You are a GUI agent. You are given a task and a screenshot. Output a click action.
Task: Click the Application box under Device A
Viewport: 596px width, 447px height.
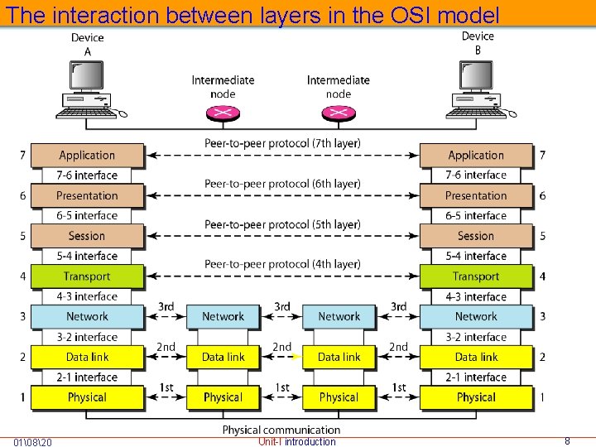point(87,155)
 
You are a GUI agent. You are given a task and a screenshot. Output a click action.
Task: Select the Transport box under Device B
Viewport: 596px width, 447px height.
point(476,276)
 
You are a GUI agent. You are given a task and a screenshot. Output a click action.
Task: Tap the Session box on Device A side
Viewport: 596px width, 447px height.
point(87,236)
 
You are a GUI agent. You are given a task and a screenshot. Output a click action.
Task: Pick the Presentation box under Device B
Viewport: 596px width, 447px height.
point(476,195)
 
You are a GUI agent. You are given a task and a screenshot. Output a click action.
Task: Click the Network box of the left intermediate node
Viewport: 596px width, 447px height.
point(223,316)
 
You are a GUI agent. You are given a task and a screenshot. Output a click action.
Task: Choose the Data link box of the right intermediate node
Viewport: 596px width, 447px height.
point(339,357)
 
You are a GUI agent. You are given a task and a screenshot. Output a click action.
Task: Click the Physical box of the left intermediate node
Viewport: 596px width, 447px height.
point(223,397)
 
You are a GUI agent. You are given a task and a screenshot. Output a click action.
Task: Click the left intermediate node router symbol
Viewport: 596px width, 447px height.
point(223,113)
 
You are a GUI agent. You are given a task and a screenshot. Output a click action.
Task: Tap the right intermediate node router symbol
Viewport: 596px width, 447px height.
point(339,113)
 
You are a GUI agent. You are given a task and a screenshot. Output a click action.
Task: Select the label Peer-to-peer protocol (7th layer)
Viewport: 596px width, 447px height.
point(282,144)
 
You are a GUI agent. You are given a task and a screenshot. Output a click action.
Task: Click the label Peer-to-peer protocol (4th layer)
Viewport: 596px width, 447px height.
point(282,265)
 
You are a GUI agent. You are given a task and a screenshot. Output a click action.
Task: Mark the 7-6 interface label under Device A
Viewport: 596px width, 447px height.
point(87,175)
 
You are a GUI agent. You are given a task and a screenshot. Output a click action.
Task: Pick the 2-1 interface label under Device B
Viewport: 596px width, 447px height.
point(476,377)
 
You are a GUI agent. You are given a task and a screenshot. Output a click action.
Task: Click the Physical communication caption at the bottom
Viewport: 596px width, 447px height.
point(281,430)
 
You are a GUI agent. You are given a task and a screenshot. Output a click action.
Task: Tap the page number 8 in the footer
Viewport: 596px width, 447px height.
point(567,441)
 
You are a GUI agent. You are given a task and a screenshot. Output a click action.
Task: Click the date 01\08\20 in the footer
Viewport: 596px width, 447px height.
point(33,442)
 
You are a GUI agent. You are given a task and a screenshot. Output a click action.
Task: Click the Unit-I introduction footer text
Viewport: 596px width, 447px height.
point(297,442)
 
